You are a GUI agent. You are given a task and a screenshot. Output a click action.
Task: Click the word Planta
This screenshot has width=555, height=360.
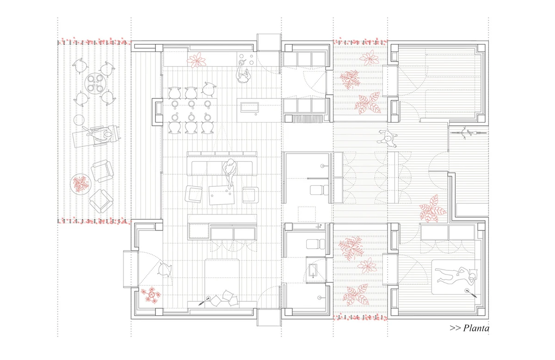tap(476, 328)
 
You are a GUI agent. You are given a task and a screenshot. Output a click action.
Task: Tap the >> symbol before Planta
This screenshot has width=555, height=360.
tap(455, 328)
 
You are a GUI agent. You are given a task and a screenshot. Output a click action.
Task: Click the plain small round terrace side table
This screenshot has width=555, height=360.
tap(79, 120)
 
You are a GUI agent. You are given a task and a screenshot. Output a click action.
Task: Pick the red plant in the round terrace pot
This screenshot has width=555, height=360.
tap(81, 184)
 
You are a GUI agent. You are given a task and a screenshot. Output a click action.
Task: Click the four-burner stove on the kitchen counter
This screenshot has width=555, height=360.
tap(246, 59)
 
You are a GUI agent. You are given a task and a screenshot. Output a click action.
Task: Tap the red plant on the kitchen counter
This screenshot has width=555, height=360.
tap(197, 60)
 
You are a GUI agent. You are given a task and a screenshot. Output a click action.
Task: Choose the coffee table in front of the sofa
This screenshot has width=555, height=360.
tap(222, 195)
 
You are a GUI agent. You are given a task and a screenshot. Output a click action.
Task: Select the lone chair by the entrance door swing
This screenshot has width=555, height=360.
tap(165, 270)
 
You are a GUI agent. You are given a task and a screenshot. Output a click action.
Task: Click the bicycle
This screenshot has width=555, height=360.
tap(463, 133)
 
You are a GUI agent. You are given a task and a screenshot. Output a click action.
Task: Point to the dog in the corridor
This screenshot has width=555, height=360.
tap(387, 139)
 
